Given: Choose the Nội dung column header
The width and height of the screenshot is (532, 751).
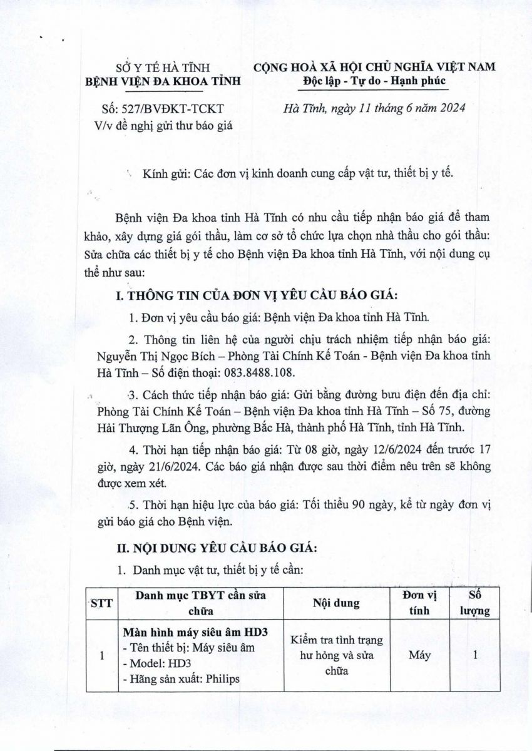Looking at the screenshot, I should (335, 603).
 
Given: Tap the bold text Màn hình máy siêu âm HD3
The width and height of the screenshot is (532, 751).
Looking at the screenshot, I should (195, 633).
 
